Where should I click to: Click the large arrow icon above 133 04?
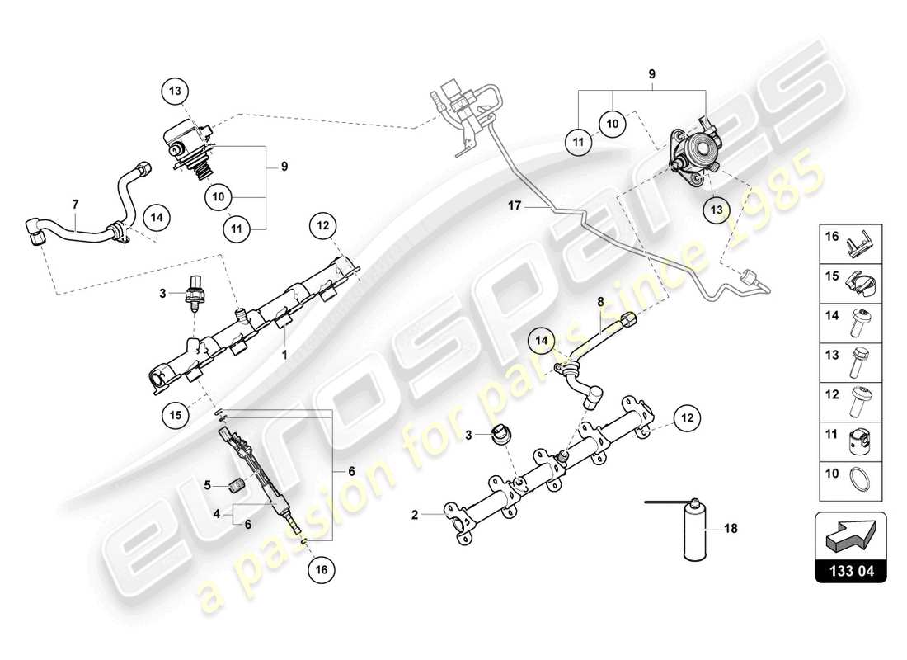coord(854,535)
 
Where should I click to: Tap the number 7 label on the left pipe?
coord(75,202)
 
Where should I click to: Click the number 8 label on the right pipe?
coord(600,303)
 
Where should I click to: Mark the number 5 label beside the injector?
coord(209,484)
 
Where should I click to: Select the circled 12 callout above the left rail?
coord(322,224)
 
